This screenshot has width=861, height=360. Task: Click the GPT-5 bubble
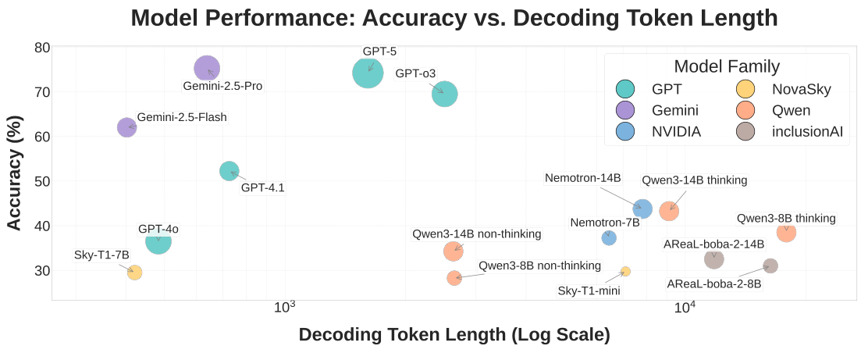[x=368, y=73]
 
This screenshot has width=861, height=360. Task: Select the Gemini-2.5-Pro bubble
[x=207, y=69]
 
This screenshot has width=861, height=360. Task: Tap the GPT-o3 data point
[x=444, y=94]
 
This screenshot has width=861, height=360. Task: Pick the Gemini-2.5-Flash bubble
[x=127, y=127]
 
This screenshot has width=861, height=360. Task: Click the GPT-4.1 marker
[x=229, y=171]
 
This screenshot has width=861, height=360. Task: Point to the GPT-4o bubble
[x=158, y=241]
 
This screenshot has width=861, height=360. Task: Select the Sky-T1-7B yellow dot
[x=134, y=272]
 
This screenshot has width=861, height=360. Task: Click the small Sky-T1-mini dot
[x=625, y=271]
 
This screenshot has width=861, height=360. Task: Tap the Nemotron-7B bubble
[x=609, y=237]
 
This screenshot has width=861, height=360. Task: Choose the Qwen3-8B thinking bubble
[x=786, y=232]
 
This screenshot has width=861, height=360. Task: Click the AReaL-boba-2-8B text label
[x=713, y=283]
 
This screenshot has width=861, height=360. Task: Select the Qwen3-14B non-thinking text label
[x=476, y=234]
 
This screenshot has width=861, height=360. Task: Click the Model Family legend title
[x=726, y=66]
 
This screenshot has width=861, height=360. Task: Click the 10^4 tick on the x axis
[x=685, y=308]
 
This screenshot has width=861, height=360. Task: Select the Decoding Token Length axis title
[x=454, y=335]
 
